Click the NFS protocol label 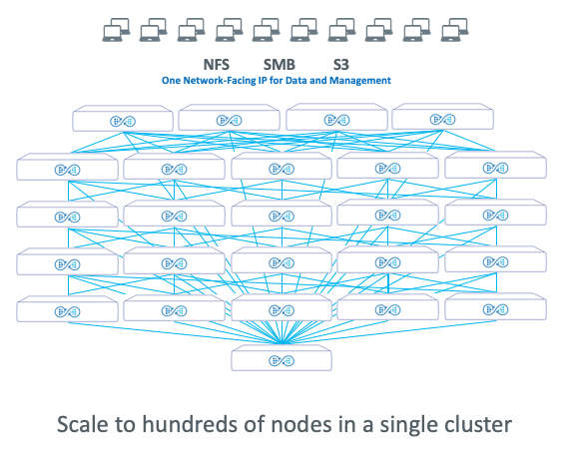point(217,65)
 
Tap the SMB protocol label point(280,65)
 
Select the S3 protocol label point(341,65)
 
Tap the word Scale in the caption point(82,424)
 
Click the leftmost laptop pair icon point(116,30)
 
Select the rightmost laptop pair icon point(454,30)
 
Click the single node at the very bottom point(282,358)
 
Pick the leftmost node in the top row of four point(123,118)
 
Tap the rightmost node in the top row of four point(443,117)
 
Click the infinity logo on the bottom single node point(282,361)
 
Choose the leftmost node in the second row point(67,167)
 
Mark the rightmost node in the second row point(495,165)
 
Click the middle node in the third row point(282,214)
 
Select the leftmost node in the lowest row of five point(67,309)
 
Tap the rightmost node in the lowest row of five point(495,306)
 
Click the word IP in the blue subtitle point(263,80)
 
